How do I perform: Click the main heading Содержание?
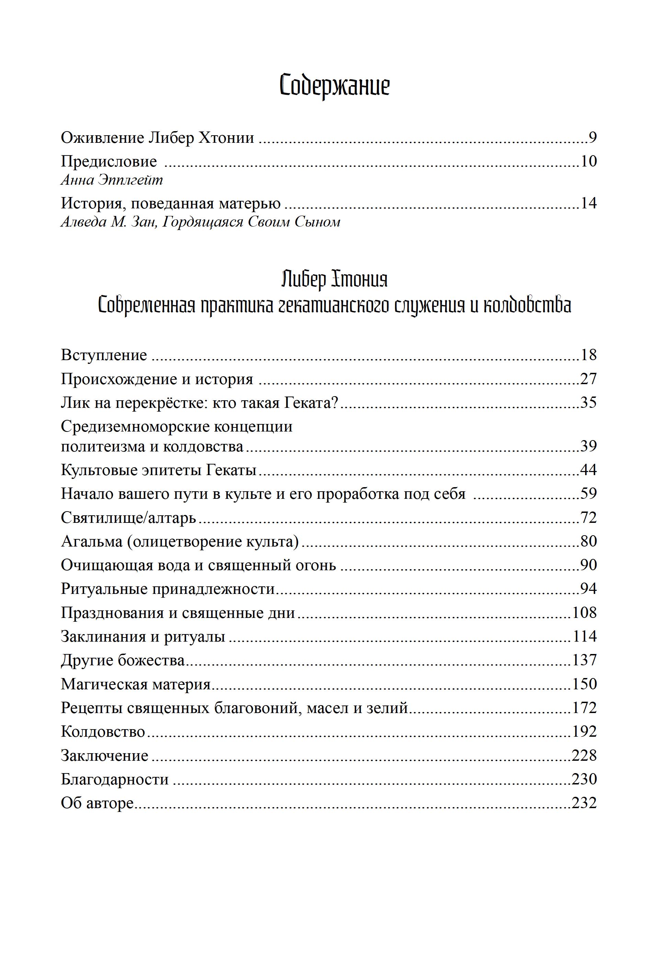pyautogui.click(x=334, y=85)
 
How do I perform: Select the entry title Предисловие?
pyautogui.click(x=109, y=161)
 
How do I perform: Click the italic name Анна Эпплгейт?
pyautogui.click(x=112, y=180)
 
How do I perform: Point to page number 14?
pyautogui.click(x=588, y=203)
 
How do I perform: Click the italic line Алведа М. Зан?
pyautogui.click(x=200, y=222)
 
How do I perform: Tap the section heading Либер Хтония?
pyautogui.click(x=334, y=279)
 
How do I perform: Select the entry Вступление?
pyautogui.click(x=104, y=355)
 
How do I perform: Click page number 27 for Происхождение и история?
pyautogui.click(x=588, y=379)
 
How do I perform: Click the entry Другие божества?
pyautogui.click(x=123, y=660)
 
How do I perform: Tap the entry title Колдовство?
pyautogui.click(x=103, y=731)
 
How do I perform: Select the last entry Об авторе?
pyautogui.click(x=97, y=803)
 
